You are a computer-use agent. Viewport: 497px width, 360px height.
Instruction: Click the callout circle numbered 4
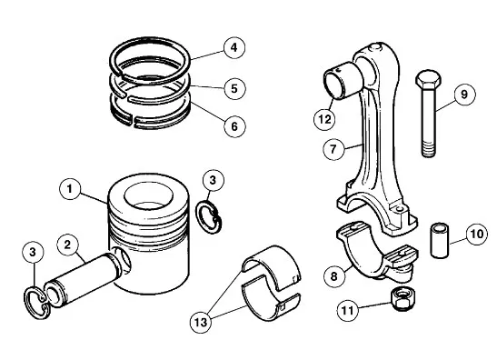[234, 48]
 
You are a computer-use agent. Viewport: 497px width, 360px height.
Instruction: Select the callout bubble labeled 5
[234, 88]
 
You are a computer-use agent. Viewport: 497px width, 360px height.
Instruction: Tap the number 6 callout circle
[234, 126]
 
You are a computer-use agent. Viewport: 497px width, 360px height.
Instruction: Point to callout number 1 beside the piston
[70, 189]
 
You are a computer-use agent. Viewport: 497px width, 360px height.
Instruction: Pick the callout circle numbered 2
[67, 245]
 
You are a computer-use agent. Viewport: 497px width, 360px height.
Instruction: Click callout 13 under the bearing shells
[201, 322]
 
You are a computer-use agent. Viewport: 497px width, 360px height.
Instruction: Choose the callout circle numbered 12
[324, 119]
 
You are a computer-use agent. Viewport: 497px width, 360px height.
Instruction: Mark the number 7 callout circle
[333, 149]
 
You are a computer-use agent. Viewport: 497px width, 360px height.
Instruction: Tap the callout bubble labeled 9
[464, 95]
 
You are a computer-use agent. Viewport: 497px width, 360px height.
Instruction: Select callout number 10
[476, 235]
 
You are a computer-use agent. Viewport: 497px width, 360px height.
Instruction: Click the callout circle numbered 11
[347, 310]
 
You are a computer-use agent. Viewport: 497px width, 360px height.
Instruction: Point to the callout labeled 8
[334, 276]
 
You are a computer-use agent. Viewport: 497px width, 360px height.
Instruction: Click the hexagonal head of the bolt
[428, 80]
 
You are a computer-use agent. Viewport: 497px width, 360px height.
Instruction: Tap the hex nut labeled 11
[401, 298]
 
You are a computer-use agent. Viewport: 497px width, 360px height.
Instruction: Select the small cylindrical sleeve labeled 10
[440, 241]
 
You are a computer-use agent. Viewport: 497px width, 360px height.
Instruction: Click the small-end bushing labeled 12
[343, 80]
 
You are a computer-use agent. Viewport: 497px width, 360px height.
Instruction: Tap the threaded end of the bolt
[428, 150]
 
